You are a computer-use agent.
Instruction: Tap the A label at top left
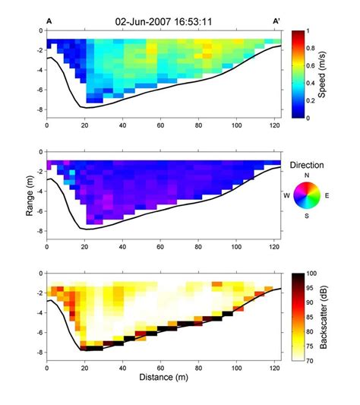point(49,21)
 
